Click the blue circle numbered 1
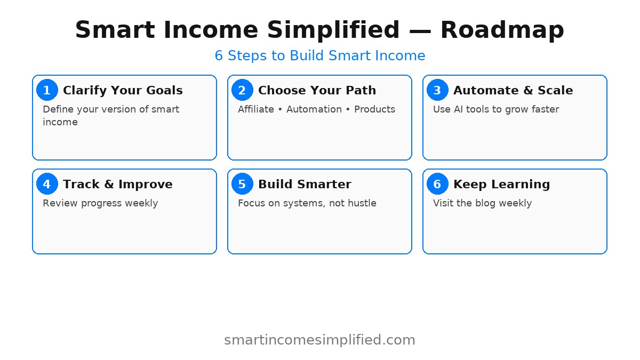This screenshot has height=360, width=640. pyautogui.click(x=47, y=90)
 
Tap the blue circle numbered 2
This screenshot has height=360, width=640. pyautogui.click(x=242, y=90)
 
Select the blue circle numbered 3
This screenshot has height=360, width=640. pyautogui.click(x=437, y=90)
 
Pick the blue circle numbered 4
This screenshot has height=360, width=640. pyautogui.click(x=47, y=184)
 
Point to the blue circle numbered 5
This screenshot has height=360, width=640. pyautogui.click(x=242, y=184)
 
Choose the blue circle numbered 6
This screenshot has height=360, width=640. pyautogui.click(x=437, y=184)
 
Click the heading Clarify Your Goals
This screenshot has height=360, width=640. pyautogui.click(x=123, y=91)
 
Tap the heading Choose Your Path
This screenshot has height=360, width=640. pyautogui.click(x=317, y=91)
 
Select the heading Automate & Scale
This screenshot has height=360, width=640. pyautogui.click(x=513, y=91)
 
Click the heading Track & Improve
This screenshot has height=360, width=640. pyautogui.click(x=117, y=185)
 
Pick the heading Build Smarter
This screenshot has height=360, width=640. pyautogui.click(x=305, y=185)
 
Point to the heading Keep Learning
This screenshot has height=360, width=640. pyautogui.click(x=501, y=185)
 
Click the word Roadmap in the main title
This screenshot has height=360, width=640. pyautogui.click(x=502, y=30)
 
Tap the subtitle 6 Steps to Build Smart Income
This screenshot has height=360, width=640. pyautogui.click(x=320, y=55)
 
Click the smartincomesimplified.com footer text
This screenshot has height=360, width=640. pyautogui.click(x=319, y=340)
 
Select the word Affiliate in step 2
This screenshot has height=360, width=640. pyautogui.click(x=256, y=109)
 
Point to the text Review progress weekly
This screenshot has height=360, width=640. pyautogui.click(x=100, y=203)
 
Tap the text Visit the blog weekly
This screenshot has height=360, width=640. pyautogui.click(x=482, y=203)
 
